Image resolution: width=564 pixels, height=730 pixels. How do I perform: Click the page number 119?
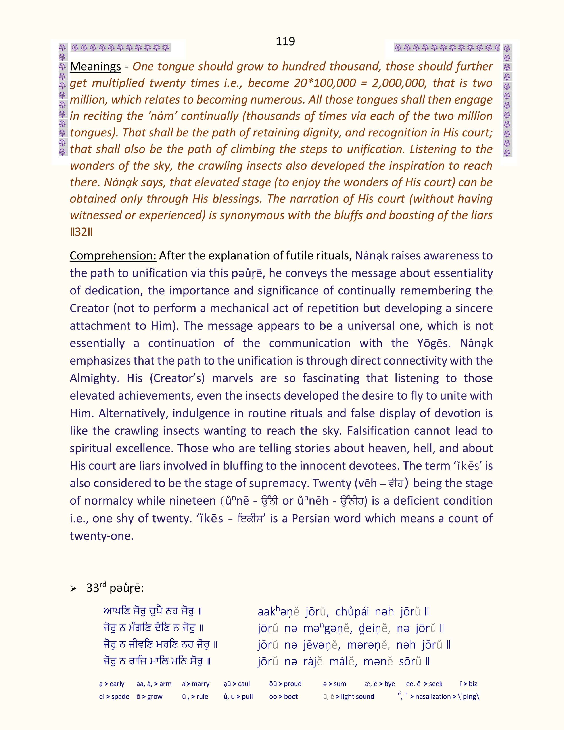pos(285,41)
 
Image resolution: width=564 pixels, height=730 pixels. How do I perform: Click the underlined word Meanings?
pos(95,67)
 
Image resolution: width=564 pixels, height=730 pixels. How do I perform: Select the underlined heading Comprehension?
pos(113,256)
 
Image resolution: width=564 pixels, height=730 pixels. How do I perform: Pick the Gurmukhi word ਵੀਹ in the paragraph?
pos(396,483)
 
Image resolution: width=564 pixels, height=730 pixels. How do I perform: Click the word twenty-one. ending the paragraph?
pos(102,536)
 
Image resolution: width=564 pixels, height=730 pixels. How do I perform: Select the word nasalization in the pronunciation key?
pos(433,697)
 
